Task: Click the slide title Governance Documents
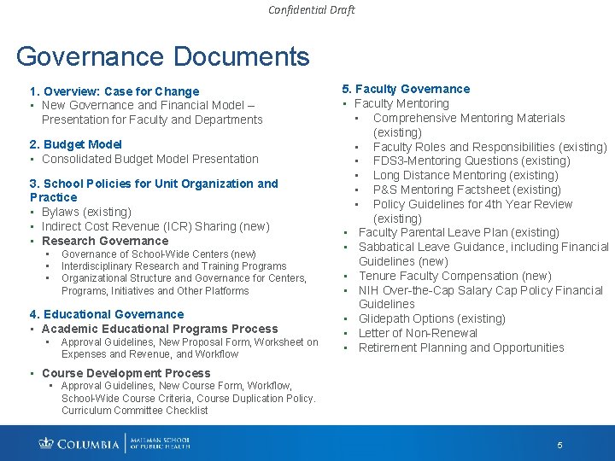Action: tap(162, 56)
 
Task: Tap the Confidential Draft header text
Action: tap(311, 10)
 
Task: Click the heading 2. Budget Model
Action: tap(75, 144)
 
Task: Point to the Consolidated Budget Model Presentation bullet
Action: tap(149, 159)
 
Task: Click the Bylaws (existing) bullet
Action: tap(86, 212)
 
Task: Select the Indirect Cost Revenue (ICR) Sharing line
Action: tap(155, 226)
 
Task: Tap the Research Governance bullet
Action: tap(105, 241)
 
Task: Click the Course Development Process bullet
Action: tap(126, 373)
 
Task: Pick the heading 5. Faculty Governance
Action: tap(406, 89)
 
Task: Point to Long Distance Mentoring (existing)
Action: tap(466, 175)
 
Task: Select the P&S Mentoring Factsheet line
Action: tap(466, 190)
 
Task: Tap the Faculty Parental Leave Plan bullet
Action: tap(459, 232)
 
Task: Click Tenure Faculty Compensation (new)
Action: tap(454, 276)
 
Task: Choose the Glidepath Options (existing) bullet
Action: tap(431, 318)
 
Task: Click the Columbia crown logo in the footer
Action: tap(46, 443)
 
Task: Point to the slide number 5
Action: tap(559, 445)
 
